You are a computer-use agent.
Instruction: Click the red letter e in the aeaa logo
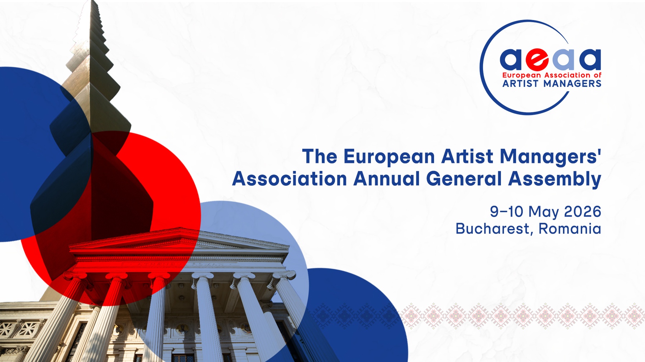(x=537, y=60)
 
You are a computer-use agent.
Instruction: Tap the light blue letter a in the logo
(x=563, y=60)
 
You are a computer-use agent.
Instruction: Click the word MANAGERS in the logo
(x=572, y=84)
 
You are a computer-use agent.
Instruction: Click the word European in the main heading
(x=389, y=157)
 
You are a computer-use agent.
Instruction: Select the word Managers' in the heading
(x=550, y=157)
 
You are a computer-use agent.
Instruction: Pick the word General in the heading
(x=464, y=178)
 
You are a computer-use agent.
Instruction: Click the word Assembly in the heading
(x=555, y=179)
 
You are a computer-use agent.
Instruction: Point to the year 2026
(x=583, y=211)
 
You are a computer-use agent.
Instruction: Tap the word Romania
(x=570, y=229)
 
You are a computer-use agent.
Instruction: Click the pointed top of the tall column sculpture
(x=94, y=1)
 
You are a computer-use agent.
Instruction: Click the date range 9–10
(x=507, y=211)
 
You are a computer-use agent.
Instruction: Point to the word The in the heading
(x=320, y=157)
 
